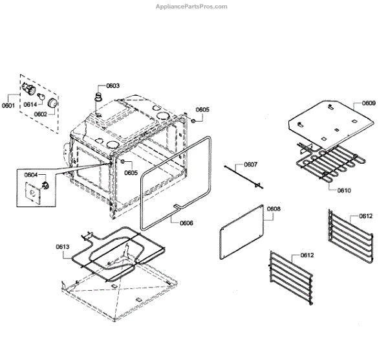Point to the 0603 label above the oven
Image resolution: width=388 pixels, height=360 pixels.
[113, 85]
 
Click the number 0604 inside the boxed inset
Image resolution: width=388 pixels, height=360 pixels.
[31, 175]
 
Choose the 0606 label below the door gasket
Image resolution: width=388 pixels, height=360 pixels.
[186, 223]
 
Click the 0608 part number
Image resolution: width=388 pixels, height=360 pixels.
[274, 209]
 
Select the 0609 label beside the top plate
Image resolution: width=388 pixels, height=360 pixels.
[369, 103]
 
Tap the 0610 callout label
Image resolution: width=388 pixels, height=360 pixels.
[344, 190]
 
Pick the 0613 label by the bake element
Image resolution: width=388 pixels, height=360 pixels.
[63, 247]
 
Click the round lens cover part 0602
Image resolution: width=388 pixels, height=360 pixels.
[52, 103]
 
